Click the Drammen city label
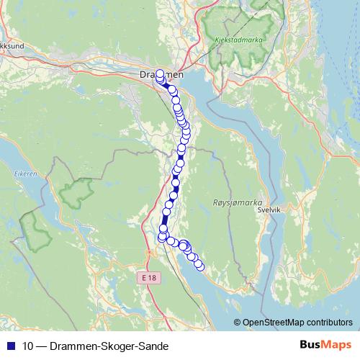160,75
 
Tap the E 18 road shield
149,277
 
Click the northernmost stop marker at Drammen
159,73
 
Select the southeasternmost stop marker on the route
200,267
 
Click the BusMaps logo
323,345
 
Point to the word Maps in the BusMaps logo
335,345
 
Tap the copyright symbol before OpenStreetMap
238,323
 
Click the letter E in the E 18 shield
145,277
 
